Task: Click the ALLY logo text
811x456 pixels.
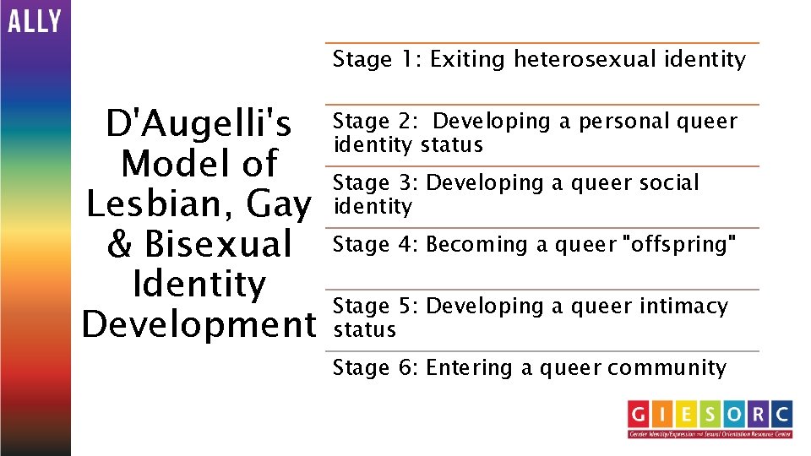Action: click(x=35, y=20)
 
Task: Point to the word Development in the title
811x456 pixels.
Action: click(x=199, y=323)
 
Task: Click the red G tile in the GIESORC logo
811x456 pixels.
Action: click(x=640, y=414)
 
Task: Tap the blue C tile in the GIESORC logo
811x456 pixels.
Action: click(x=781, y=414)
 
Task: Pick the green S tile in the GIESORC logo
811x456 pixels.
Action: click(x=710, y=414)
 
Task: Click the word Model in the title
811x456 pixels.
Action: click(x=199, y=164)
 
